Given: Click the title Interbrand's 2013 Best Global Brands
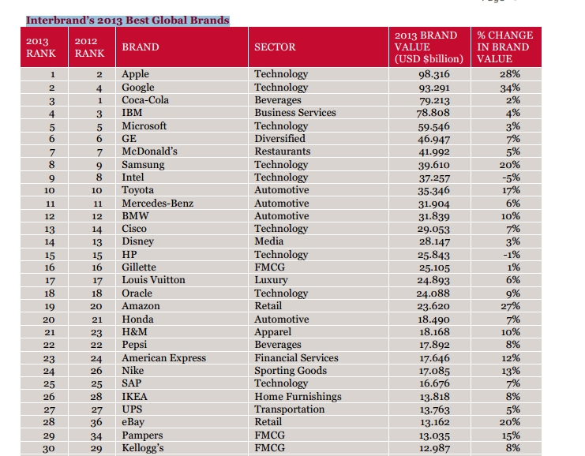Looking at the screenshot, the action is (x=128, y=21).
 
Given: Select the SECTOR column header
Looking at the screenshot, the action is (x=275, y=47).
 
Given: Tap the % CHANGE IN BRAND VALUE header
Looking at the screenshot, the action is (x=505, y=47).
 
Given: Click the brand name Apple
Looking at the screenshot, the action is (x=135, y=74).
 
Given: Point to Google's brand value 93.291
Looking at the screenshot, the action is (x=433, y=88).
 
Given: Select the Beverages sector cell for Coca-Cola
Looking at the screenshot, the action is (x=278, y=100).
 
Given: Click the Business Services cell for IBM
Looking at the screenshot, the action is (x=295, y=113).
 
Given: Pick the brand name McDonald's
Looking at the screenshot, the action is (x=149, y=151).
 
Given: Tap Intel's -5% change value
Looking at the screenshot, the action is (x=511, y=178).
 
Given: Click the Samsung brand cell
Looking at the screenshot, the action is (x=143, y=165).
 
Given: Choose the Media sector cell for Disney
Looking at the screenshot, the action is (x=268, y=241).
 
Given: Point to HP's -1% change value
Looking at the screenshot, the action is (x=511, y=255).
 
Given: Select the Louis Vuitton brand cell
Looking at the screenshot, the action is (x=153, y=279).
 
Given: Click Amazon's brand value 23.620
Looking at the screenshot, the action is (x=433, y=306).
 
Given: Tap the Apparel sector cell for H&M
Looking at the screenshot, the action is (x=272, y=332).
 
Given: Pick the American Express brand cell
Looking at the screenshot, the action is (x=163, y=358).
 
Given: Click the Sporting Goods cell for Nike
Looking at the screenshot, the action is (x=291, y=371).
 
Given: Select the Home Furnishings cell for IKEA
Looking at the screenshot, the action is (x=298, y=396).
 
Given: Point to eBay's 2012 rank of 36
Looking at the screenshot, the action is (x=96, y=422).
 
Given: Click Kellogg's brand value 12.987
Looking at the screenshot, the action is (x=434, y=448).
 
